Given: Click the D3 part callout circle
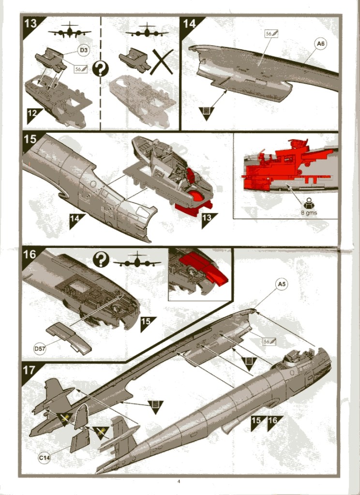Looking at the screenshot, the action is [84, 50].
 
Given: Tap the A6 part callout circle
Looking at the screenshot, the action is [320, 44].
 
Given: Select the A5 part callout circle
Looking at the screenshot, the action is [281, 284].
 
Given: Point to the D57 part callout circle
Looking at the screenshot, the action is [40, 348].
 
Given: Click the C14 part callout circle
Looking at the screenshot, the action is [44, 458].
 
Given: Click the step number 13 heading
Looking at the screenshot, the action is [30, 23].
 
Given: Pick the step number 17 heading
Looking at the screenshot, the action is [29, 370].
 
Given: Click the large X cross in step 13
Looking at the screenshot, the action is [162, 62].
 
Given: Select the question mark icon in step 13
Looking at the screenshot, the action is [101, 69].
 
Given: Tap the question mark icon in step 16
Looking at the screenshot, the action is [101, 259].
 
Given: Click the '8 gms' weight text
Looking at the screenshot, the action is [309, 212].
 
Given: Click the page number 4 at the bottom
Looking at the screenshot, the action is [179, 481].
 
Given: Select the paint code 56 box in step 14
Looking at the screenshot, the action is [271, 33].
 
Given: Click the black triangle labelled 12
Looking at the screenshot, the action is [33, 114].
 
